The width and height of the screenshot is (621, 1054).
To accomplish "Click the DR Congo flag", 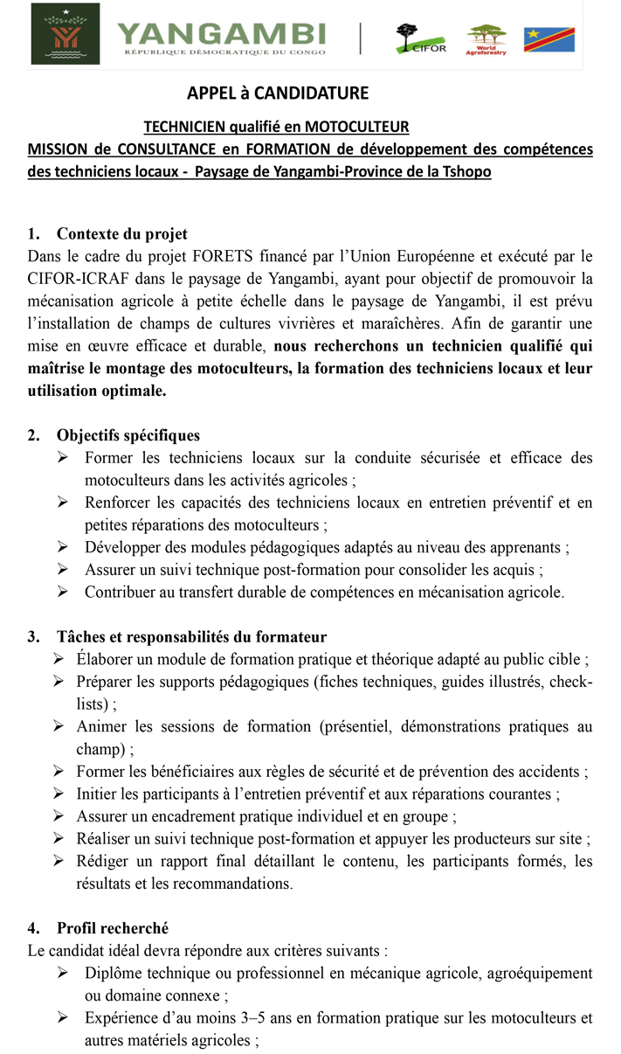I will point(549,39).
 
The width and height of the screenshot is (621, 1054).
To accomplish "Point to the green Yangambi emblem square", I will point(66,34).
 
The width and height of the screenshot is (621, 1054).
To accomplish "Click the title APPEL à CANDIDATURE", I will point(278,94).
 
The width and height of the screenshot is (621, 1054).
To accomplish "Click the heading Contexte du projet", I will point(121,233).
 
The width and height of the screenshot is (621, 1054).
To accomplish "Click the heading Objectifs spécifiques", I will point(128,435).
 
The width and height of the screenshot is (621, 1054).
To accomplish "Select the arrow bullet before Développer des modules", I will point(63,548).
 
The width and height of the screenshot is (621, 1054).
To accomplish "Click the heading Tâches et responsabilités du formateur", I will point(191,637).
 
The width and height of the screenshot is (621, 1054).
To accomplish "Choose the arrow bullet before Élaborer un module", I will point(58,659).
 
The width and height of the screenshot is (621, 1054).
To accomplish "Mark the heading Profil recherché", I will point(113,928).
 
